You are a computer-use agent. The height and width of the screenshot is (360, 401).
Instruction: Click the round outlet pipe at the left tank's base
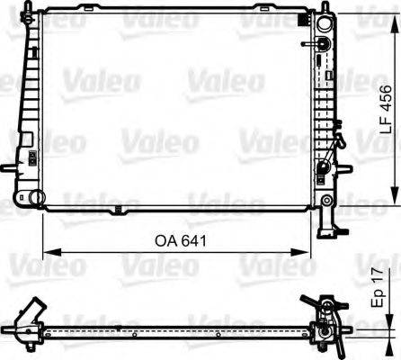[x=35, y=197]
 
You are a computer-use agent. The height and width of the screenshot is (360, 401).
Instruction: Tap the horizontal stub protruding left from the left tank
[x=8, y=170]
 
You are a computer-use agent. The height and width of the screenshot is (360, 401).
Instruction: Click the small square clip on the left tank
[x=29, y=160]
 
